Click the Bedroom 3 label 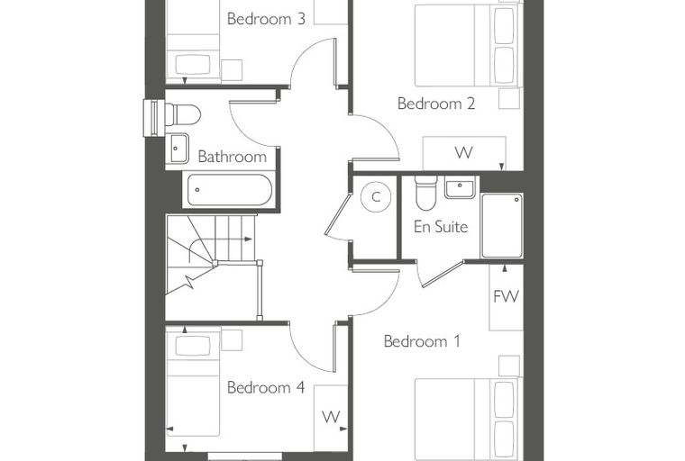point(266,19)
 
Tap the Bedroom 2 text point(436,104)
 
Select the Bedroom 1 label point(422,341)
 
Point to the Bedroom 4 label point(266,387)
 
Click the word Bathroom point(232,157)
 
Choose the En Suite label point(441,227)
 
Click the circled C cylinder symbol point(376,197)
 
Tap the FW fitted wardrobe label point(506,297)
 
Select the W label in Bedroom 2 point(463,153)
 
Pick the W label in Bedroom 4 point(331,417)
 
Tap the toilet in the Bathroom point(182,115)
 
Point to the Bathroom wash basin point(177,149)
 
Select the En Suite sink point(460,187)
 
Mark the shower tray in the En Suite point(501,226)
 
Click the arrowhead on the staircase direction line point(249,240)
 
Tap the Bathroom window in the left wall point(154,118)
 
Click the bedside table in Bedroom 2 point(509,99)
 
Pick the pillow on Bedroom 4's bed point(193,346)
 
